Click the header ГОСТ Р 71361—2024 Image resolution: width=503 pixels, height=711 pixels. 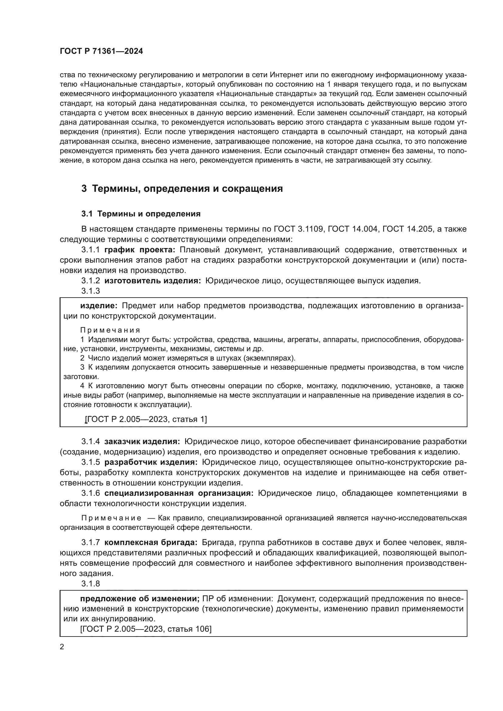[101, 51]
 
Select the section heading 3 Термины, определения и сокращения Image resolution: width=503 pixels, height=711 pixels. [182, 188]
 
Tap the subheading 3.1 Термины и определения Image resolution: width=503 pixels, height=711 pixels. [141, 214]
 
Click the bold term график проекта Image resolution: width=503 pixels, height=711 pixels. [140, 250]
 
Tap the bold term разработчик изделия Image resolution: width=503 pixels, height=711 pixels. [151, 462]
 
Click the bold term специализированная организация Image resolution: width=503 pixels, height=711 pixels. [179, 493]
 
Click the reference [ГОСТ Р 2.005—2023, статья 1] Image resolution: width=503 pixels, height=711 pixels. [146, 419]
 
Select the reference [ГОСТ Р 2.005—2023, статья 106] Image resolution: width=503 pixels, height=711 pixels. [146, 629]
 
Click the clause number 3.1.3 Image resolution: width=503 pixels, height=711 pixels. [90, 291]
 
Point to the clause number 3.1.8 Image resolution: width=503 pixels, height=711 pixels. [90, 584]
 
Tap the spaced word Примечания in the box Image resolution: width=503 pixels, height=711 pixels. [110, 330]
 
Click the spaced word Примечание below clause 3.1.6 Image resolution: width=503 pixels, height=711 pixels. [111, 518]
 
